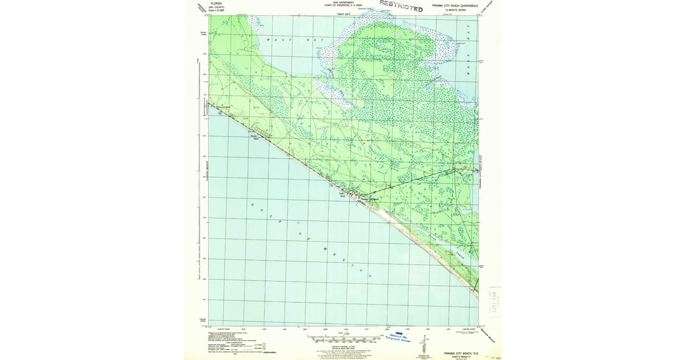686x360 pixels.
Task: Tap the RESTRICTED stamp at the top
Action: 401,6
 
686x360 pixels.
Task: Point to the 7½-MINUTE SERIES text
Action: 456,10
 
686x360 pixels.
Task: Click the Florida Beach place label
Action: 256,137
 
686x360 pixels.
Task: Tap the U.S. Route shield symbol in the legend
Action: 264,345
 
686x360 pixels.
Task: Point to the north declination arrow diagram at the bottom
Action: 423,345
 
